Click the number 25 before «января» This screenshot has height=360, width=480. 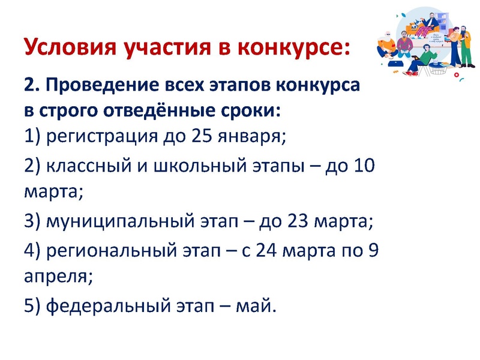coord(205,137)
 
